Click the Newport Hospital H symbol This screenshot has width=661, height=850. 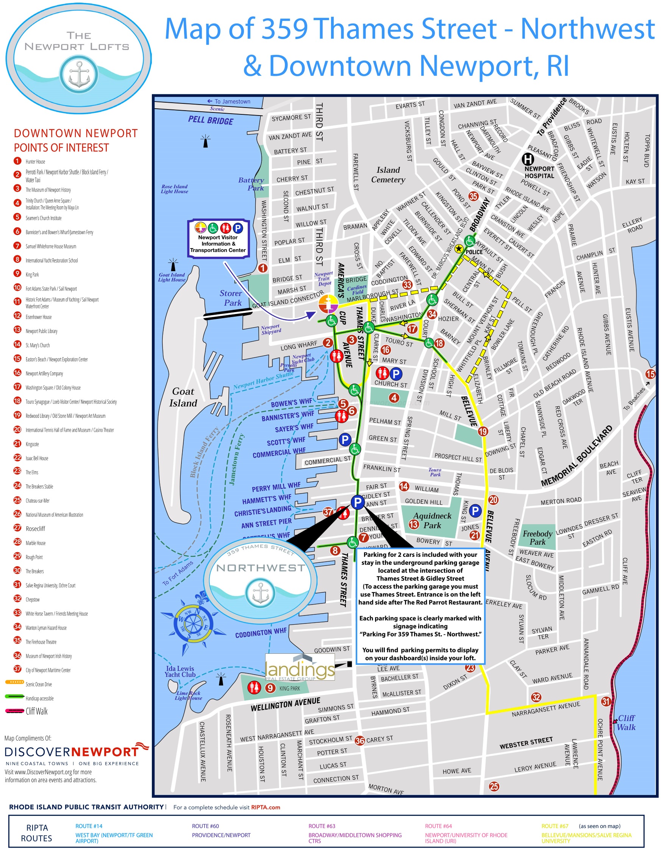(528, 159)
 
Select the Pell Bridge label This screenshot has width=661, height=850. (211, 120)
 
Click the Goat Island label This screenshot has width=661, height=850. (183, 397)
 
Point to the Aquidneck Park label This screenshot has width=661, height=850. (432, 520)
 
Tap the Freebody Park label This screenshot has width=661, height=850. (537, 537)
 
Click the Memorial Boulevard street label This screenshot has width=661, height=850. (577, 456)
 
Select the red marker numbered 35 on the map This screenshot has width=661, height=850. (473, 196)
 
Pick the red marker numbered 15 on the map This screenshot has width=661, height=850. (650, 374)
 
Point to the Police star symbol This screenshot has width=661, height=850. (459, 248)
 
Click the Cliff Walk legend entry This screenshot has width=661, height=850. (36, 711)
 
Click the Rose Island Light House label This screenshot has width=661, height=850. (174, 189)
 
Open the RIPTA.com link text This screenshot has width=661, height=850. (266, 808)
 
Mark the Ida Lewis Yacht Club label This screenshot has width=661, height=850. (180, 671)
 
